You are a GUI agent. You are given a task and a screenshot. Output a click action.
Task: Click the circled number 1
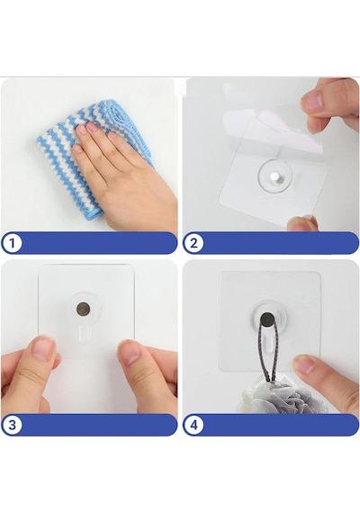(12, 243)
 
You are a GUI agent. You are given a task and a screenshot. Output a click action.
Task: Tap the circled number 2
(193, 243)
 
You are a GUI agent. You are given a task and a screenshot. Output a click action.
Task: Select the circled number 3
(12, 425)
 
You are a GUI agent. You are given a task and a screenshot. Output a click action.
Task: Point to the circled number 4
(193, 425)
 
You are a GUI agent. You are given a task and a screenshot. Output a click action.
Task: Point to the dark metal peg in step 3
(83, 309)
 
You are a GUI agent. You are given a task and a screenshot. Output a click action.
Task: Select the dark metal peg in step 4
(267, 319)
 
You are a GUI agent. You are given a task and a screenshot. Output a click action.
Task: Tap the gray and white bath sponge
(284, 396)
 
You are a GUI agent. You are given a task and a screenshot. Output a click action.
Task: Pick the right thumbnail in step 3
(130, 352)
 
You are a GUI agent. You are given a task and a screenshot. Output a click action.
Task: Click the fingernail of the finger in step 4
(304, 364)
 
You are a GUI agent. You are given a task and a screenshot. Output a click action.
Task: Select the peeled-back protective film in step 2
(274, 124)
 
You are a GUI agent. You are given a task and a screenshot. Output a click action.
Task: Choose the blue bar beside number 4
(281, 425)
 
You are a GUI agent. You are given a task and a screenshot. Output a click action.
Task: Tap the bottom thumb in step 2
(302, 223)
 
